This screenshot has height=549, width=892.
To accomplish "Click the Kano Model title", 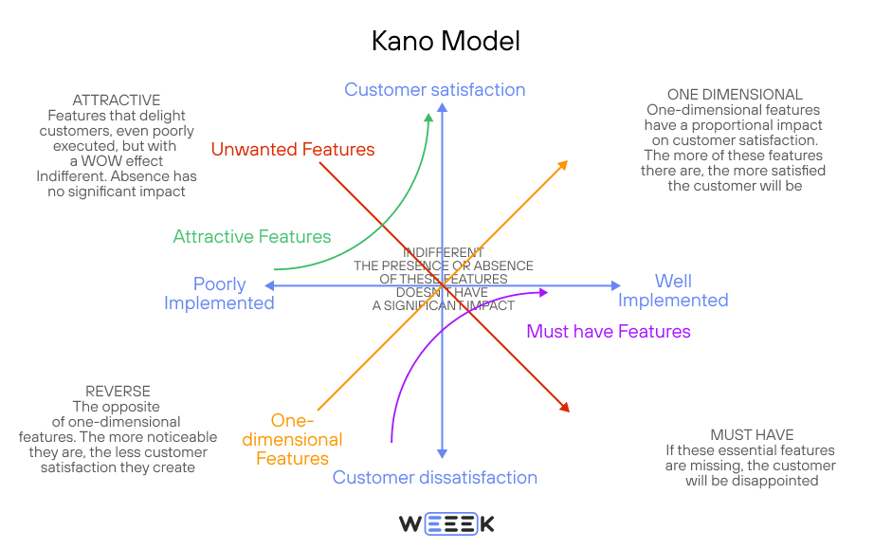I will click(446, 42).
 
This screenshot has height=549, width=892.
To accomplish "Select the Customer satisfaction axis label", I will click(434, 90).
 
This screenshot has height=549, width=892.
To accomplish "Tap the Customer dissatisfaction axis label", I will click(434, 478).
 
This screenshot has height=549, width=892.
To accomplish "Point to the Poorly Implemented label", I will click(219, 294).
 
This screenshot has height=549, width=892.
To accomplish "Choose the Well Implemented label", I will click(673, 291).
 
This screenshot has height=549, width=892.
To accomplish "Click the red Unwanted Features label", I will click(293, 150).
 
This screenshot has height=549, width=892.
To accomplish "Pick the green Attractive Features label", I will click(252, 237).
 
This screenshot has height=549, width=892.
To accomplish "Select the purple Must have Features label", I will click(609, 332).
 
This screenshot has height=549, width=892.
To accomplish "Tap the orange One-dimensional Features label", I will click(293, 440).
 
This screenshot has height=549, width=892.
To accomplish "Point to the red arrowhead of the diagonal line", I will click(565, 408).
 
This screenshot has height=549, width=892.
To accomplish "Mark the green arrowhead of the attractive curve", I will click(428, 118).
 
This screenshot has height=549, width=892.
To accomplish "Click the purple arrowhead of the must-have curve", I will click(543, 292).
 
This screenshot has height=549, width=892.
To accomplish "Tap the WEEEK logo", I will click(446, 523).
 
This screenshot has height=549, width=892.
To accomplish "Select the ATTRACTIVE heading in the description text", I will click(117, 101).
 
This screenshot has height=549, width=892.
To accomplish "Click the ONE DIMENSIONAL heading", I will click(735, 95).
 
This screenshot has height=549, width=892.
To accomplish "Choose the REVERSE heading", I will click(118, 392).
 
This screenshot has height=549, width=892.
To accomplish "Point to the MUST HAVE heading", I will click(752, 435).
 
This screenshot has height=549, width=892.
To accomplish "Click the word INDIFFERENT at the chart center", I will click(444, 252).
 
